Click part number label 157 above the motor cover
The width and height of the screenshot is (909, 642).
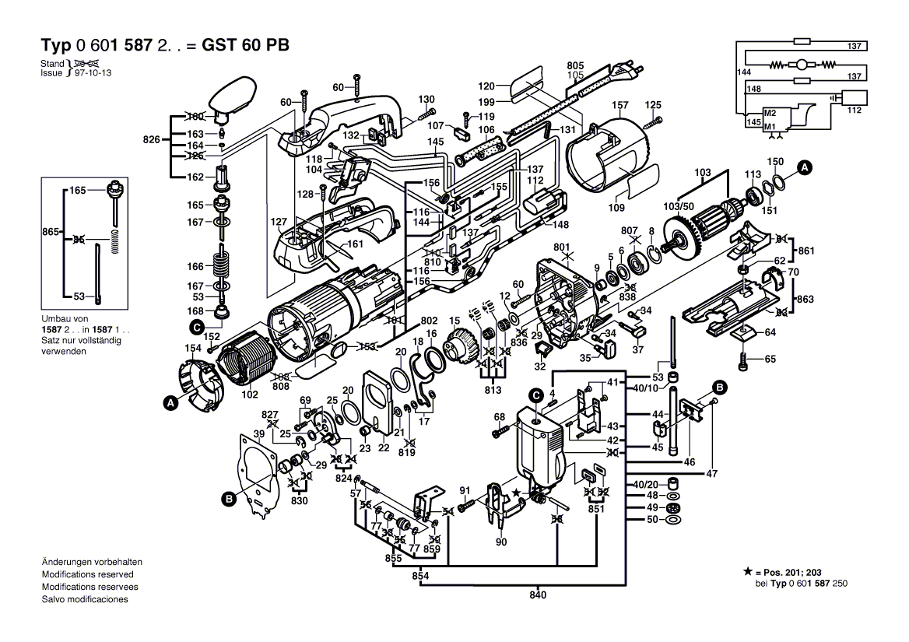[x=619, y=105]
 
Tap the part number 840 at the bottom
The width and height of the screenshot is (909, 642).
[x=538, y=595]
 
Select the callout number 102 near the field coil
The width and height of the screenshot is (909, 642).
[x=250, y=395]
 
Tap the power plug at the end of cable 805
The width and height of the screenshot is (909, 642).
[x=627, y=76]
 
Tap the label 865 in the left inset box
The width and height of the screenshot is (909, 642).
[x=51, y=232]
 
